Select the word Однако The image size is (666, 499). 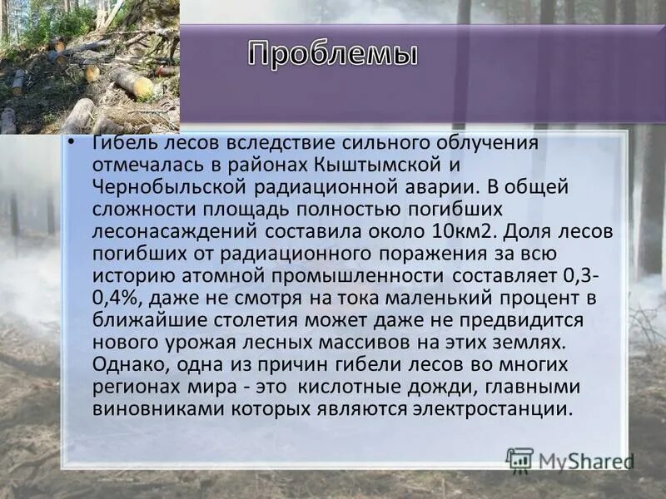(124, 365)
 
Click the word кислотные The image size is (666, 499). (355, 388)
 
